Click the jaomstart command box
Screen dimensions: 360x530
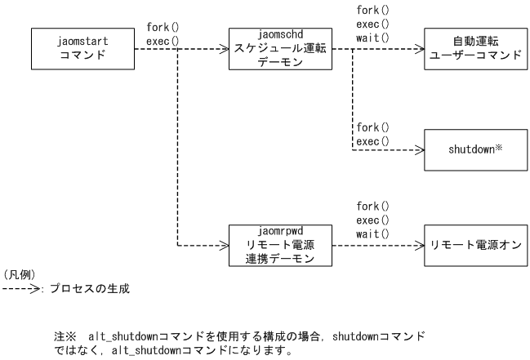coord(82,49)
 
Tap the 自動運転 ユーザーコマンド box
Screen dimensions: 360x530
coord(472,49)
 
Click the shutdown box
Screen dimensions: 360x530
coord(472,150)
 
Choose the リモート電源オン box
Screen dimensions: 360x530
coord(472,244)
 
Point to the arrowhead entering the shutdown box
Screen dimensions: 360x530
coord(420,150)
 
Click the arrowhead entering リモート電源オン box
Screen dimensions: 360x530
coord(420,244)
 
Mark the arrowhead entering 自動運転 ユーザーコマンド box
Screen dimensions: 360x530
coord(420,49)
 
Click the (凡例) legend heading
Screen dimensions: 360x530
coord(18,274)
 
